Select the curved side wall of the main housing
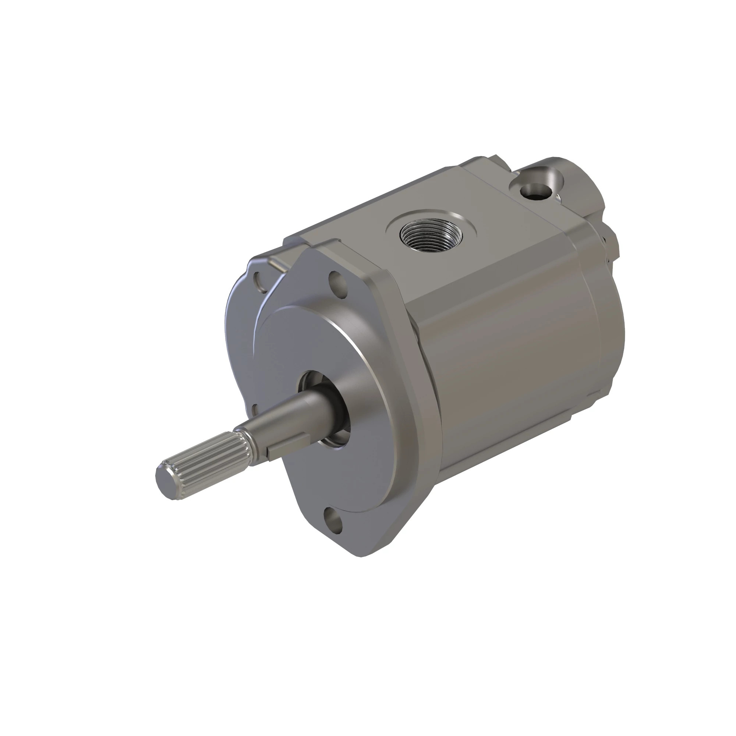(x=526, y=362)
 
